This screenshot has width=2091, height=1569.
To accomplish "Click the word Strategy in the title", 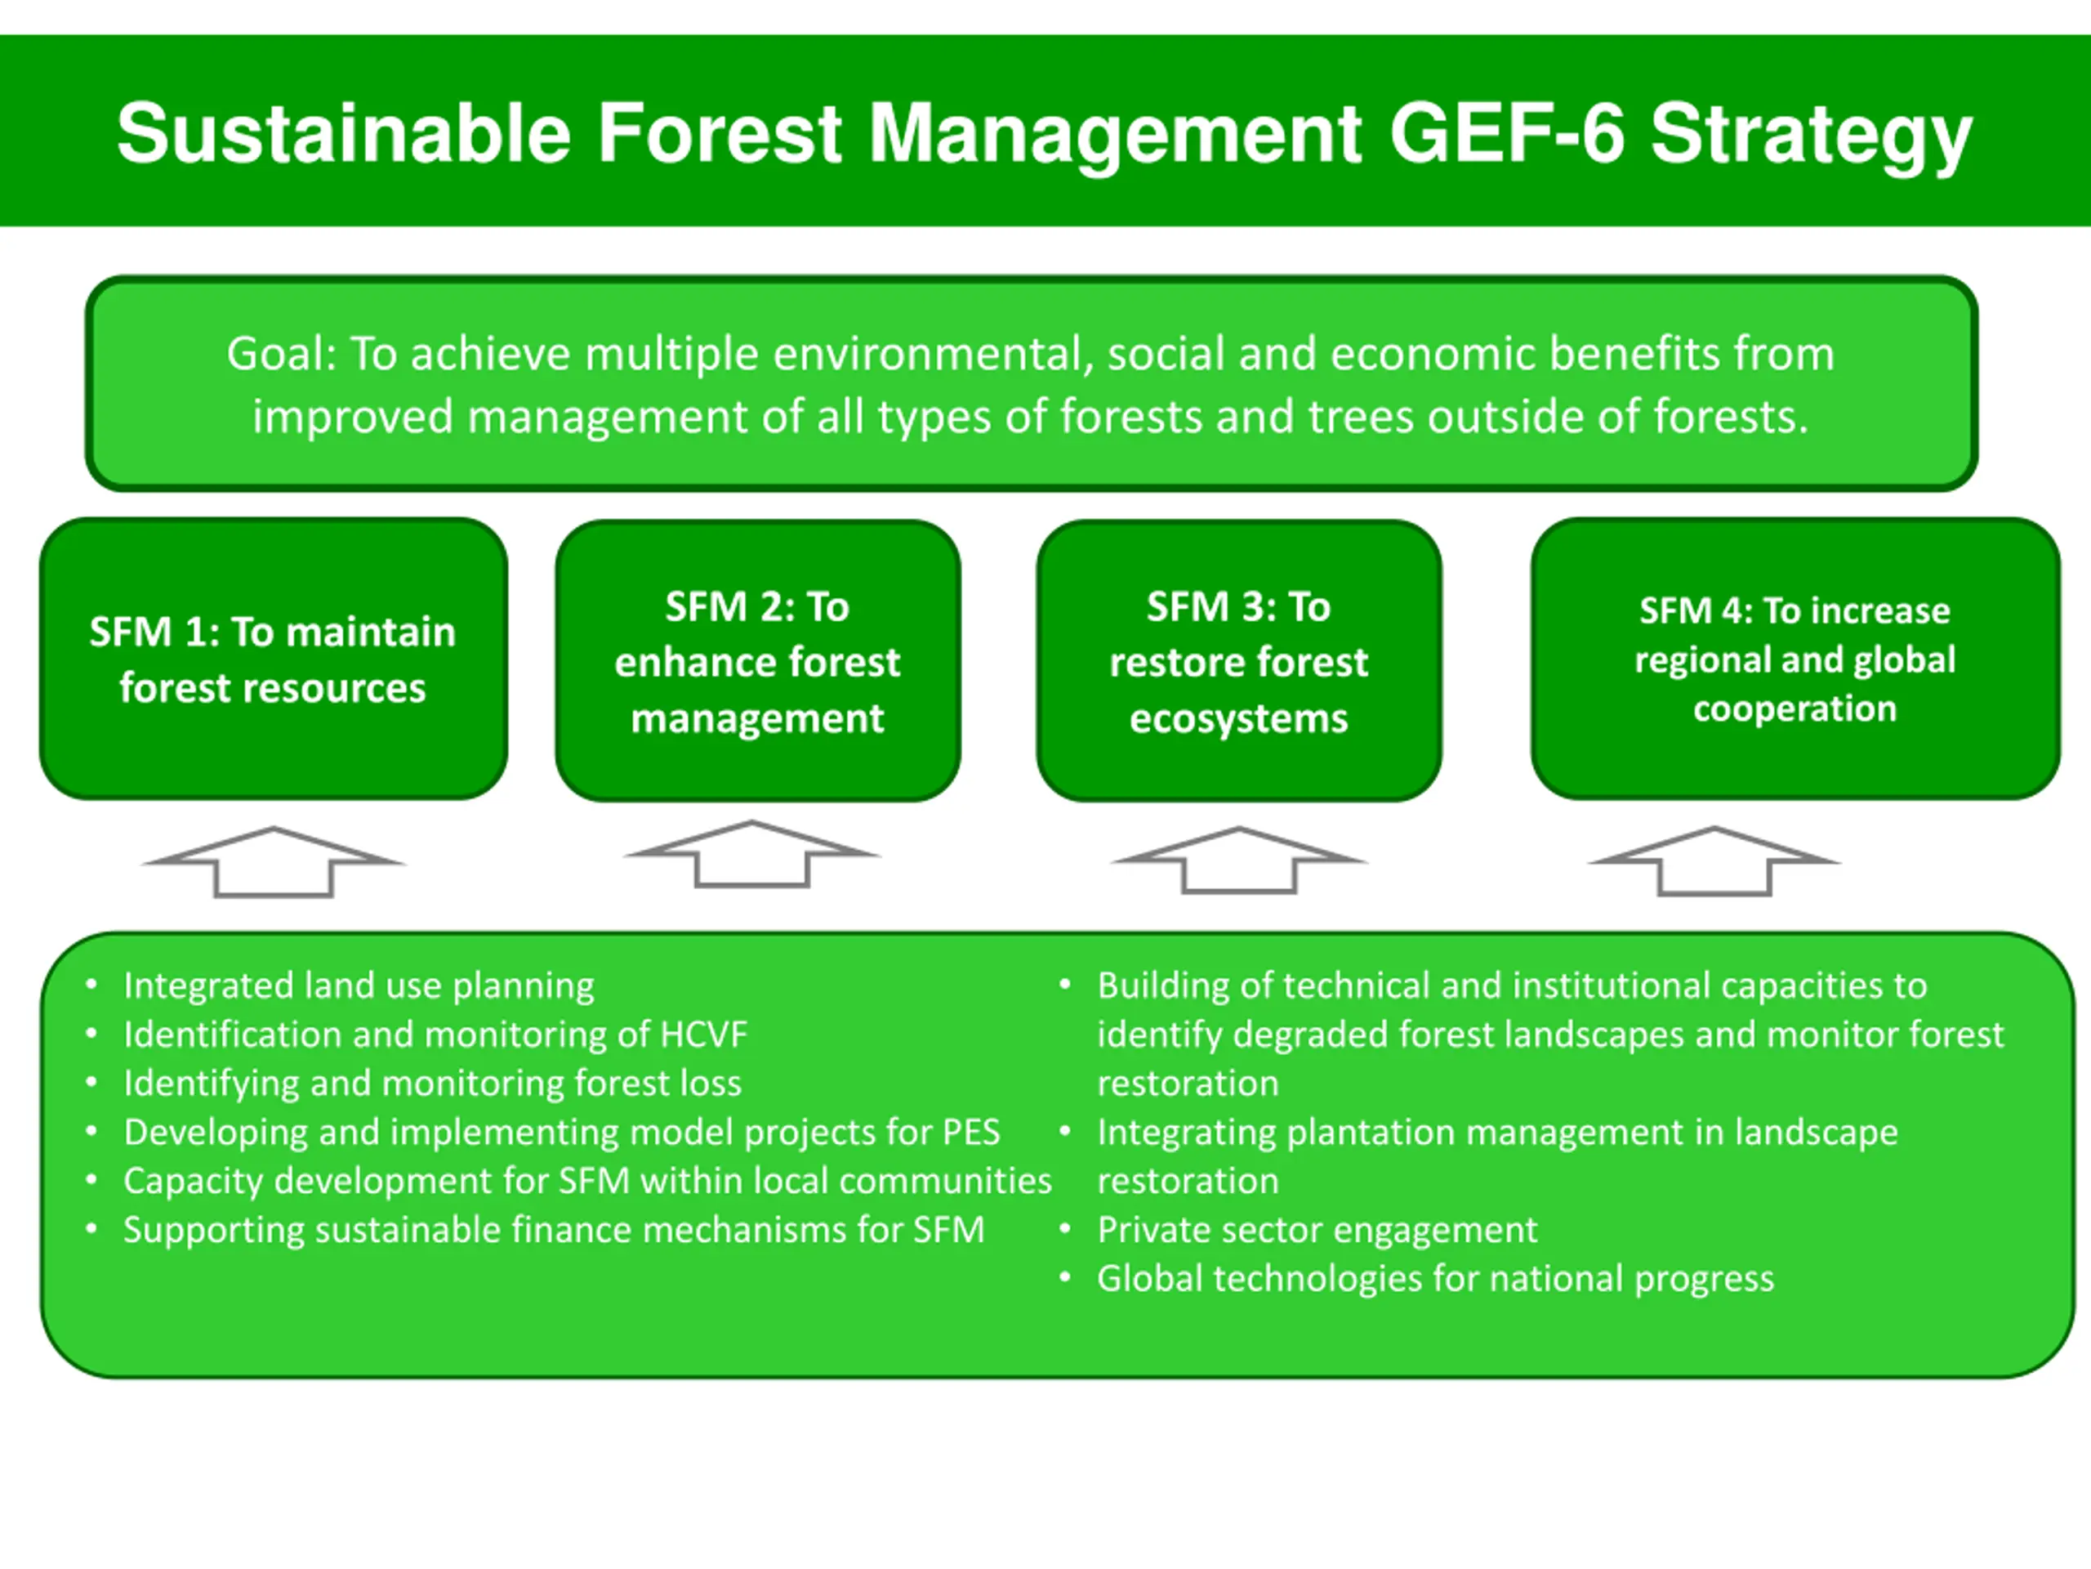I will click(1810, 134).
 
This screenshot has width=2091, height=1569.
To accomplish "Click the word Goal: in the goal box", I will click(281, 355).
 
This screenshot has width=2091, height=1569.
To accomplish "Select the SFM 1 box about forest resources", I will click(273, 659).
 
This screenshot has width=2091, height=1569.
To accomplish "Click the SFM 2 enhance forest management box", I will click(757, 661).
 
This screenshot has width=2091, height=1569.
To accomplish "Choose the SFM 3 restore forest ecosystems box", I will click(1238, 661).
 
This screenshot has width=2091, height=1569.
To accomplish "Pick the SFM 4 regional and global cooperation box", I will click(1795, 659).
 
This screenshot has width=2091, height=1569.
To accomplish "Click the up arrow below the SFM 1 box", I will click(273, 861).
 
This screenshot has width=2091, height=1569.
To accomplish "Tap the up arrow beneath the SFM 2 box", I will click(752, 854).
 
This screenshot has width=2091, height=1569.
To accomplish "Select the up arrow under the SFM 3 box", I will click(1238, 860).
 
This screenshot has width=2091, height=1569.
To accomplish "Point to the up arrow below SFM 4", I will click(1714, 860).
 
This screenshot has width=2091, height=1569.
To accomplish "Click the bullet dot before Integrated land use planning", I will click(91, 985).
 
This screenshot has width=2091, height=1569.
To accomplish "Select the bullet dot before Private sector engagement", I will click(1064, 1228).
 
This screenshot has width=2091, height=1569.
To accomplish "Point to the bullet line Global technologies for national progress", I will click(1435, 1279).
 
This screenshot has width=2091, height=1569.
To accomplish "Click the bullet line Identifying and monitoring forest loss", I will click(432, 1084).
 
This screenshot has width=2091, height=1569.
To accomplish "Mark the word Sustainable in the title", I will click(343, 134).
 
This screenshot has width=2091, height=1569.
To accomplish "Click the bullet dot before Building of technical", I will click(1064, 985).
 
